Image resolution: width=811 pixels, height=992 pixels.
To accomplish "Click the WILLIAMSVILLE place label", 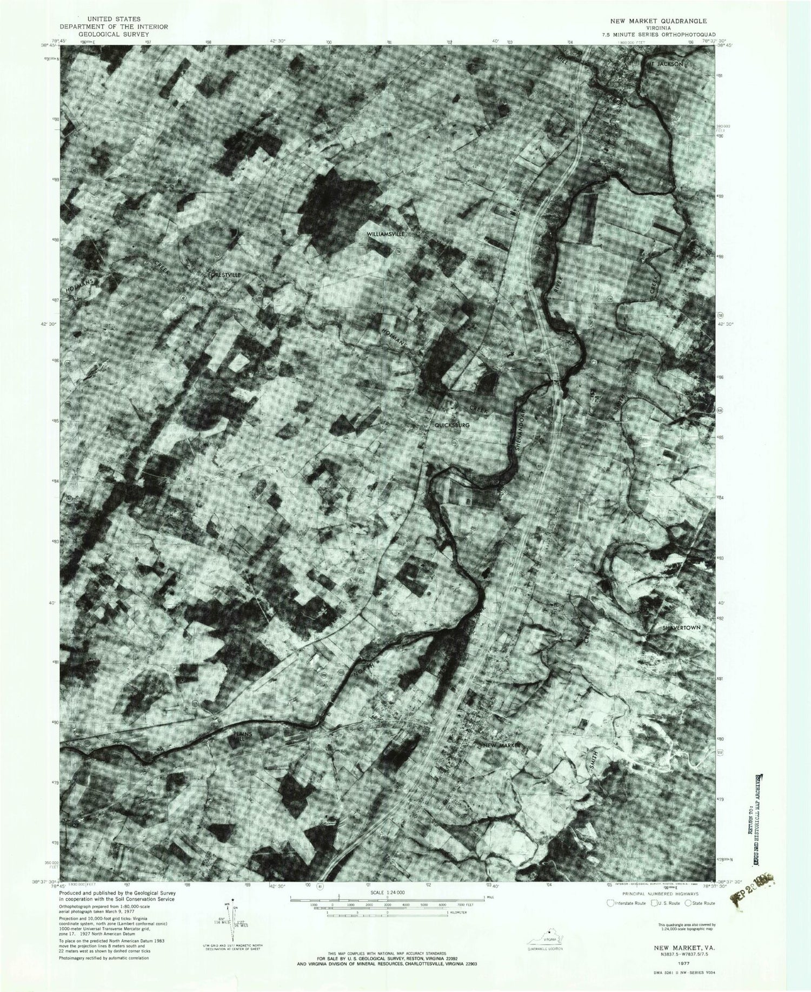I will point(385,234).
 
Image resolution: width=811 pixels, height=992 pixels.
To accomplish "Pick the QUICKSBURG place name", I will point(453,426).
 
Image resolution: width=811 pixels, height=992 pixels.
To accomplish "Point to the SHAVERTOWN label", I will point(681,627).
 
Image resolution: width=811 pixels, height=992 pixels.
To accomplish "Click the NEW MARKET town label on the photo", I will point(502,745).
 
